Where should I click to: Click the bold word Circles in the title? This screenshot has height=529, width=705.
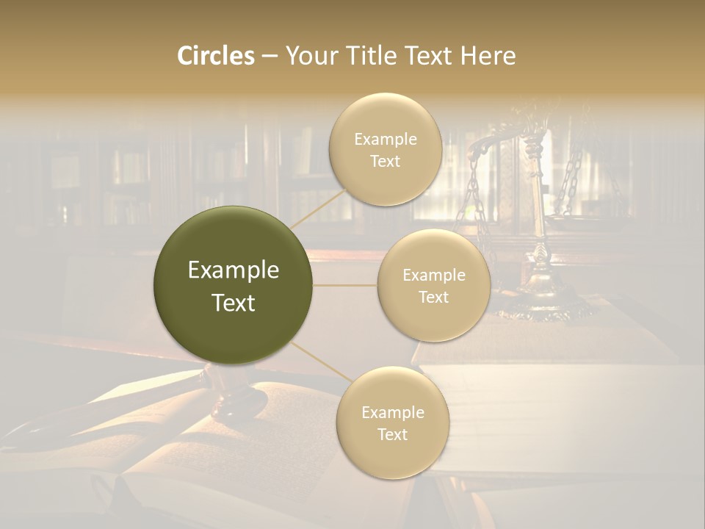tap(215, 56)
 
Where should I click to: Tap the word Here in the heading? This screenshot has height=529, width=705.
tap(488, 56)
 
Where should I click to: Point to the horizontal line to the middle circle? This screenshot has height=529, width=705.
tap(345, 285)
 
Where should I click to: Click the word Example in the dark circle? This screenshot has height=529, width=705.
tap(233, 270)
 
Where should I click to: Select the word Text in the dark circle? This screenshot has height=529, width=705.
tap(233, 303)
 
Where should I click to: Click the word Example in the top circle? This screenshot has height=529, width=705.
tap(386, 140)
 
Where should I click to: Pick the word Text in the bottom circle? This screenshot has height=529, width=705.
tap(392, 434)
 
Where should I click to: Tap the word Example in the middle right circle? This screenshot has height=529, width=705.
tap(433, 276)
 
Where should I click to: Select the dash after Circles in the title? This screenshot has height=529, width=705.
tap(270, 57)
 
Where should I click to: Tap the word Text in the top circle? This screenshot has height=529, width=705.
tap(385, 162)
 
